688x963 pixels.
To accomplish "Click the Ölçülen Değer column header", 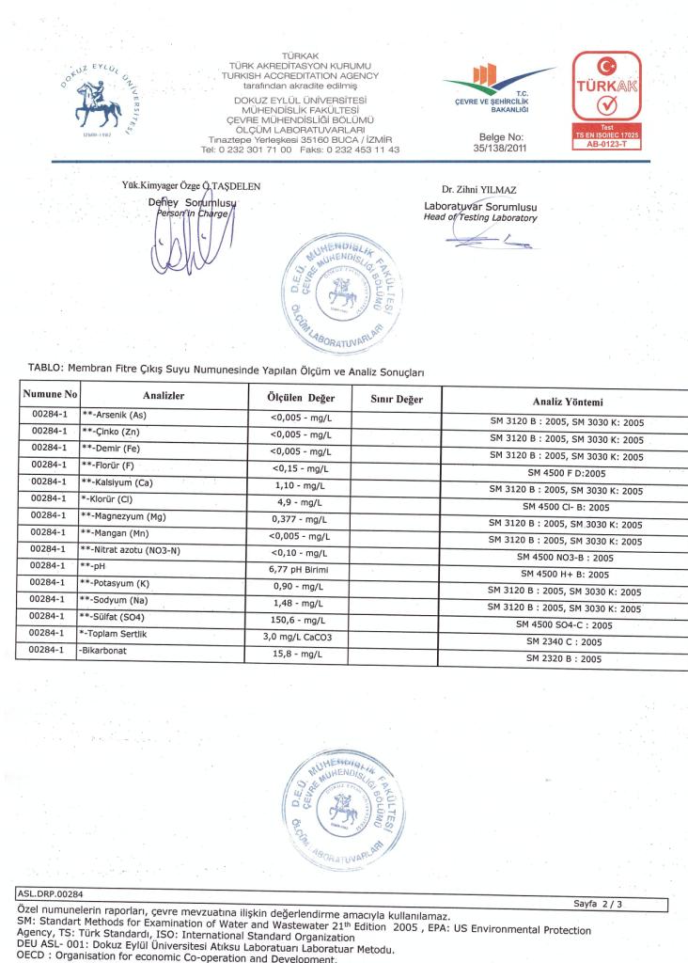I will pyautogui.click(x=296, y=398).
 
